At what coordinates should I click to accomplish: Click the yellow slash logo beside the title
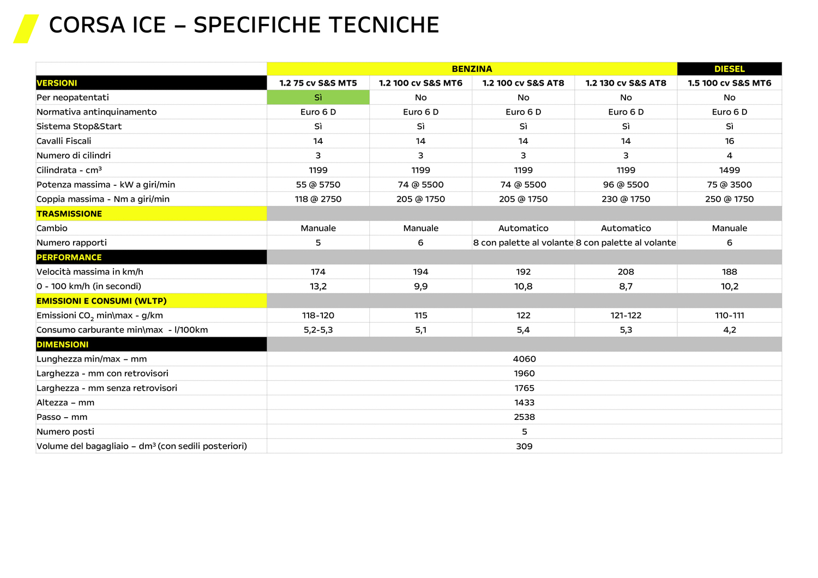click(x=26, y=28)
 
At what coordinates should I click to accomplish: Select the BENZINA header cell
click(x=472, y=69)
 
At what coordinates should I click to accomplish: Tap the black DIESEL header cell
click(x=729, y=69)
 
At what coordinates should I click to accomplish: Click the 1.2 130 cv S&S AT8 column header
click(x=625, y=83)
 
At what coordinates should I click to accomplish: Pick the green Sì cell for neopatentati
click(x=318, y=98)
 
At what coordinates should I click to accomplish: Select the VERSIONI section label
click(x=57, y=83)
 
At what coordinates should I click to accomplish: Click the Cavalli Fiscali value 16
click(x=729, y=141)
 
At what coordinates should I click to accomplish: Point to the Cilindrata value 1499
click(x=729, y=170)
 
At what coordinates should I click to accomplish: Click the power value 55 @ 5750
click(x=318, y=185)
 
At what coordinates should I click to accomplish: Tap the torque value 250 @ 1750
click(x=729, y=199)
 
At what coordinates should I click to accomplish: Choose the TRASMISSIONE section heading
click(x=69, y=214)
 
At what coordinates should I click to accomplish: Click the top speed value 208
click(x=625, y=272)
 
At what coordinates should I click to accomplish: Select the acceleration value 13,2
click(x=318, y=286)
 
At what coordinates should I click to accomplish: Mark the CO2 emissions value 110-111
click(x=729, y=315)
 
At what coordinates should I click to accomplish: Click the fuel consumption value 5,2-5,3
click(x=318, y=330)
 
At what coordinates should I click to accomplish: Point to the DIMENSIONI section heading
click(x=63, y=345)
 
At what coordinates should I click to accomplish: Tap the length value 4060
click(x=524, y=359)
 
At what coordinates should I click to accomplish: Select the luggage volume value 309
click(x=524, y=446)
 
